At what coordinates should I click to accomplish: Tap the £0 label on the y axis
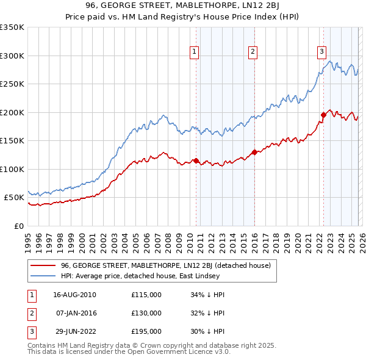point(18,226)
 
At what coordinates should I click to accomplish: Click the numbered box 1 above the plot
point(194,52)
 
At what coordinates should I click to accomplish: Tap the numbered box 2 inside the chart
point(252,52)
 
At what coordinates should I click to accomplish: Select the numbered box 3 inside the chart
point(321,52)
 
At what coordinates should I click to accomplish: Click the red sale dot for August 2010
point(196,160)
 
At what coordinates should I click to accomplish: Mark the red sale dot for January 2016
point(254,152)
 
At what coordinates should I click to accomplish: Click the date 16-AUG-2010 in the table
point(74,295)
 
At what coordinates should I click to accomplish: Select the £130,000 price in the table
point(146,313)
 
